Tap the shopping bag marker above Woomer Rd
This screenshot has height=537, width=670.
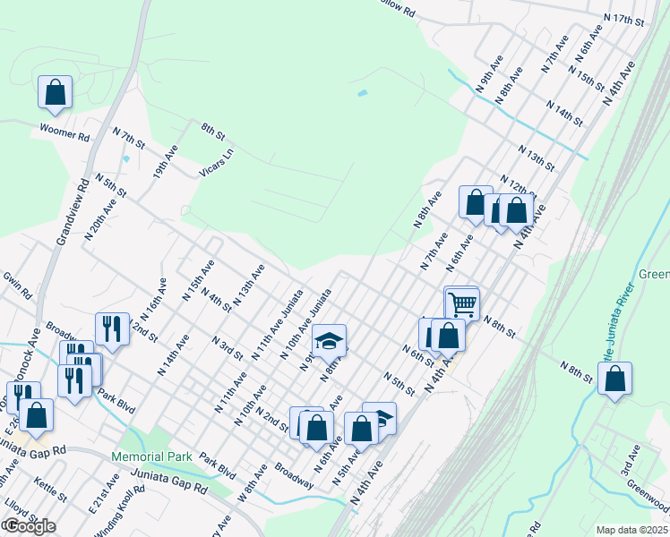(x=55, y=92)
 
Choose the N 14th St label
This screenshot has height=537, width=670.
(x=563, y=114)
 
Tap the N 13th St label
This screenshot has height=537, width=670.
(x=536, y=157)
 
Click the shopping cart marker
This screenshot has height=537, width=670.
(x=462, y=303)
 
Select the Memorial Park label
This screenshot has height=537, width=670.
(x=152, y=456)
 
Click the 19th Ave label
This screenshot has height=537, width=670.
(x=165, y=161)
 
